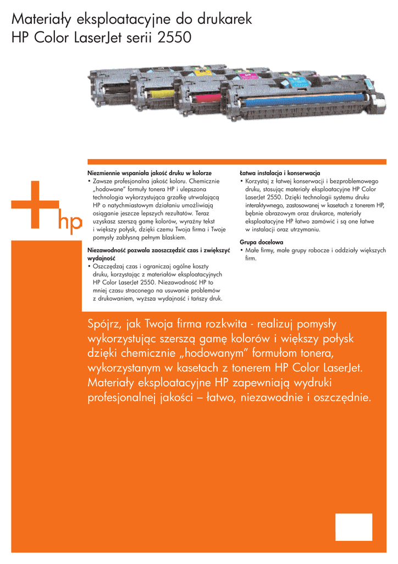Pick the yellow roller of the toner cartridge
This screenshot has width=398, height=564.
pos(162,94)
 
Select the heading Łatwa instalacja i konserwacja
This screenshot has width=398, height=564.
pos(280,173)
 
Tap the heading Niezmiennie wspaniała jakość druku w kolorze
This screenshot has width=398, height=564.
pos(150,173)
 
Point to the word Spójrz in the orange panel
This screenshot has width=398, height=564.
pos(104,323)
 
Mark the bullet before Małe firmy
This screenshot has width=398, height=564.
pos(241,250)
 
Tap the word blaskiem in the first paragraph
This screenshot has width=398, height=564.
pos(172,237)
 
